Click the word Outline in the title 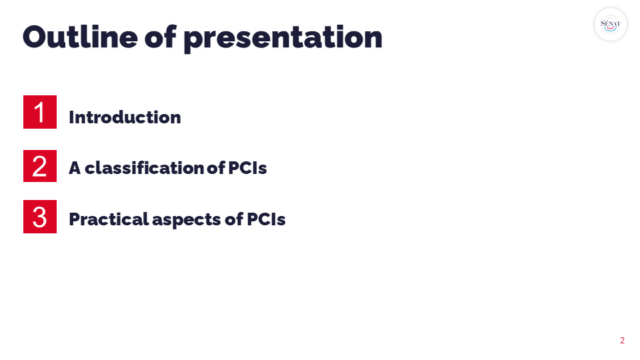click(x=80, y=37)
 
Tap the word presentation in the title click(x=283, y=39)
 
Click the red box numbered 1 click(x=40, y=112)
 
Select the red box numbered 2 click(x=40, y=166)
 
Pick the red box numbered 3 click(x=40, y=216)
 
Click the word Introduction click(x=125, y=117)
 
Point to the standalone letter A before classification click(x=75, y=168)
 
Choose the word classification click(x=145, y=168)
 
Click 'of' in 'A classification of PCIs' click(x=216, y=168)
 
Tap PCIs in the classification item click(x=247, y=168)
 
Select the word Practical click(x=109, y=219)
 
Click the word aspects click(x=187, y=221)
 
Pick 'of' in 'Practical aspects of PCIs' click(x=234, y=219)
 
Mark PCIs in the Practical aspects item click(x=266, y=219)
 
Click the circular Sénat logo click(x=610, y=25)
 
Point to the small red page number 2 click(x=622, y=341)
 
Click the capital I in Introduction click(x=71, y=117)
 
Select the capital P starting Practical click(x=74, y=219)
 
